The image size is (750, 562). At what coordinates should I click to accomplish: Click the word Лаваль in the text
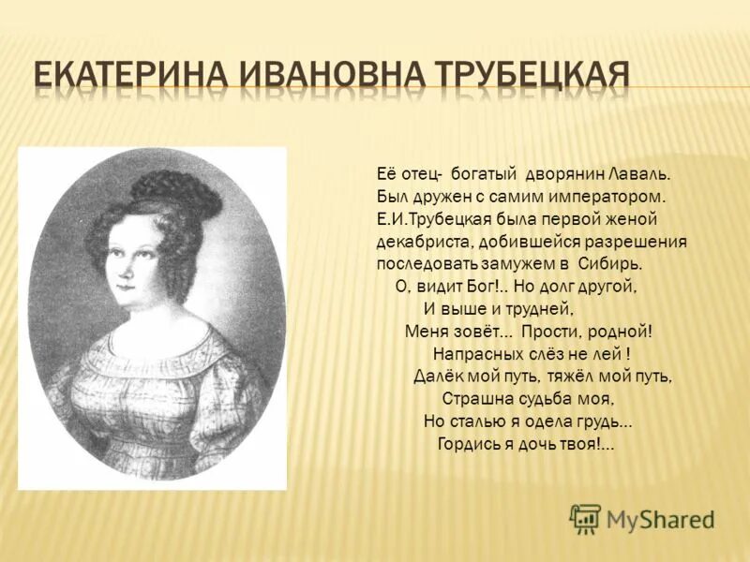point(640,174)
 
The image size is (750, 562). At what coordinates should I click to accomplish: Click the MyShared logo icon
point(585,517)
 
